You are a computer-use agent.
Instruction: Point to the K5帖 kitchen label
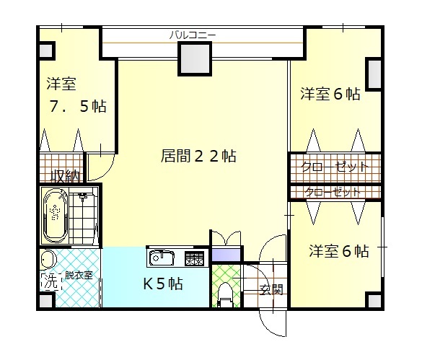162,283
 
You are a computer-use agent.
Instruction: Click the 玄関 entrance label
271,289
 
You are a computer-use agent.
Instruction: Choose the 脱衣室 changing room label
79,275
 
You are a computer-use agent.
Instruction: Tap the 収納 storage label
64,175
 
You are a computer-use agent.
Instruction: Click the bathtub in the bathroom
55,216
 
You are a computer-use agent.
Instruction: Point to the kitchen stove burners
194,257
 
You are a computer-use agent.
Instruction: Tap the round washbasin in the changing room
48,259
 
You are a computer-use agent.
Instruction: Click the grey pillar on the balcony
194,58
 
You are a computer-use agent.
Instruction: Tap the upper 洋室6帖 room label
330,94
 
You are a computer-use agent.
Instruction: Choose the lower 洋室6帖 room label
339,251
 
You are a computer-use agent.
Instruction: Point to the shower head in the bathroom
83,197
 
